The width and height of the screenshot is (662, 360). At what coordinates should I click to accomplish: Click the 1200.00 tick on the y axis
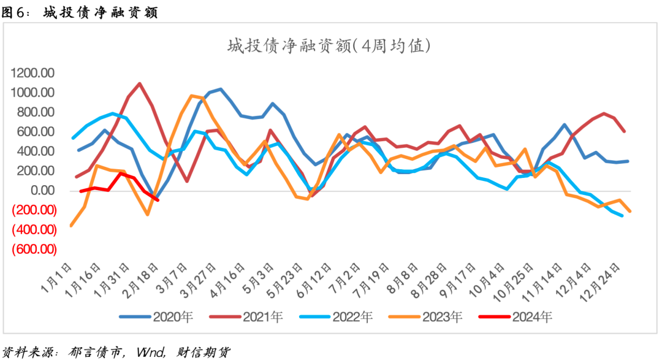coord(33,73)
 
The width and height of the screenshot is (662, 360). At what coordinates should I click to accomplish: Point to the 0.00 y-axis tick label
coord(42,191)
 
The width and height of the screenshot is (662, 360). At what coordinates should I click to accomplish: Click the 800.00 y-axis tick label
coord(36,112)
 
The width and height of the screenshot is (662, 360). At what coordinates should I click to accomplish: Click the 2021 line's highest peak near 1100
coord(140,83)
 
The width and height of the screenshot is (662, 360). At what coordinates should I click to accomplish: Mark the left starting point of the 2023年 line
coord(72,225)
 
